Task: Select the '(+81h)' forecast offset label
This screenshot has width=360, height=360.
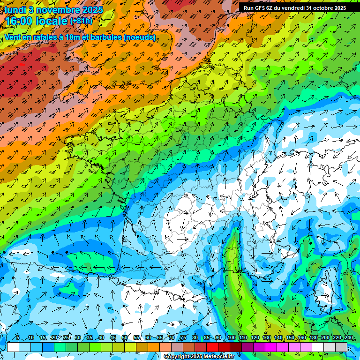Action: [82, 21]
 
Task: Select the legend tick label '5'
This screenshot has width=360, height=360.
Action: [17, 337]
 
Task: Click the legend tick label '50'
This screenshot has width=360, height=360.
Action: [125, 337]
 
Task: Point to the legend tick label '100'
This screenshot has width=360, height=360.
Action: [231, 337]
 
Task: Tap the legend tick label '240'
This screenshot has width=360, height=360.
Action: [348, 337]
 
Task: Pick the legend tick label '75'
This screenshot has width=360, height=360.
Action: [183, 337]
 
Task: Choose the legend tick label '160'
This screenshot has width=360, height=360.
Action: [301, 337]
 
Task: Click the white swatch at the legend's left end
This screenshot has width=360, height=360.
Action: [13, 347]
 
